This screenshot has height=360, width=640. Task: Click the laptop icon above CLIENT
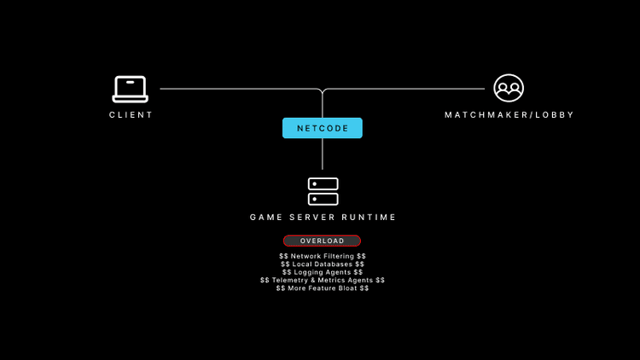[x=130, y=89]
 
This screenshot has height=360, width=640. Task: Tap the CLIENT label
[x=131, y=115]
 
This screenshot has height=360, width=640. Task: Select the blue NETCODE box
[x=323, y=128]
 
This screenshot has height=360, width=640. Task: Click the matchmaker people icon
[x=509, y=88]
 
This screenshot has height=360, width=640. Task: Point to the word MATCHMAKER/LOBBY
[x=509, y=115]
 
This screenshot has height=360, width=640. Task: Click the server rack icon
[x=323, y=191]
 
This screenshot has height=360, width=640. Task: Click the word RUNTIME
[x=369, y=218]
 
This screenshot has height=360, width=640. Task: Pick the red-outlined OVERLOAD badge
[x=322, y=241]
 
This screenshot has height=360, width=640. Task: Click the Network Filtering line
[x=323, y=256]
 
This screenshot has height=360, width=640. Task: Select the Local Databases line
[x=323, y=264]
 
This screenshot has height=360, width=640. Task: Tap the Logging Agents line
[x=323, y=272]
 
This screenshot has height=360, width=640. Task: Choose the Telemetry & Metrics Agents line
[x=323, y=280]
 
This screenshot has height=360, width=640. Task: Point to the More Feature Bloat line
[x=323, y=288]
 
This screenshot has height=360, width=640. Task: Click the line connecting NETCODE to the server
[x=323, y=154]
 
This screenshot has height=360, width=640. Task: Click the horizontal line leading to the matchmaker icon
[x=410, y=89]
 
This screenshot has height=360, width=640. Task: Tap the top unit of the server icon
[x=323, y=184]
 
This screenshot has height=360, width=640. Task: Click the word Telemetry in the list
[x=288, y=280]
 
